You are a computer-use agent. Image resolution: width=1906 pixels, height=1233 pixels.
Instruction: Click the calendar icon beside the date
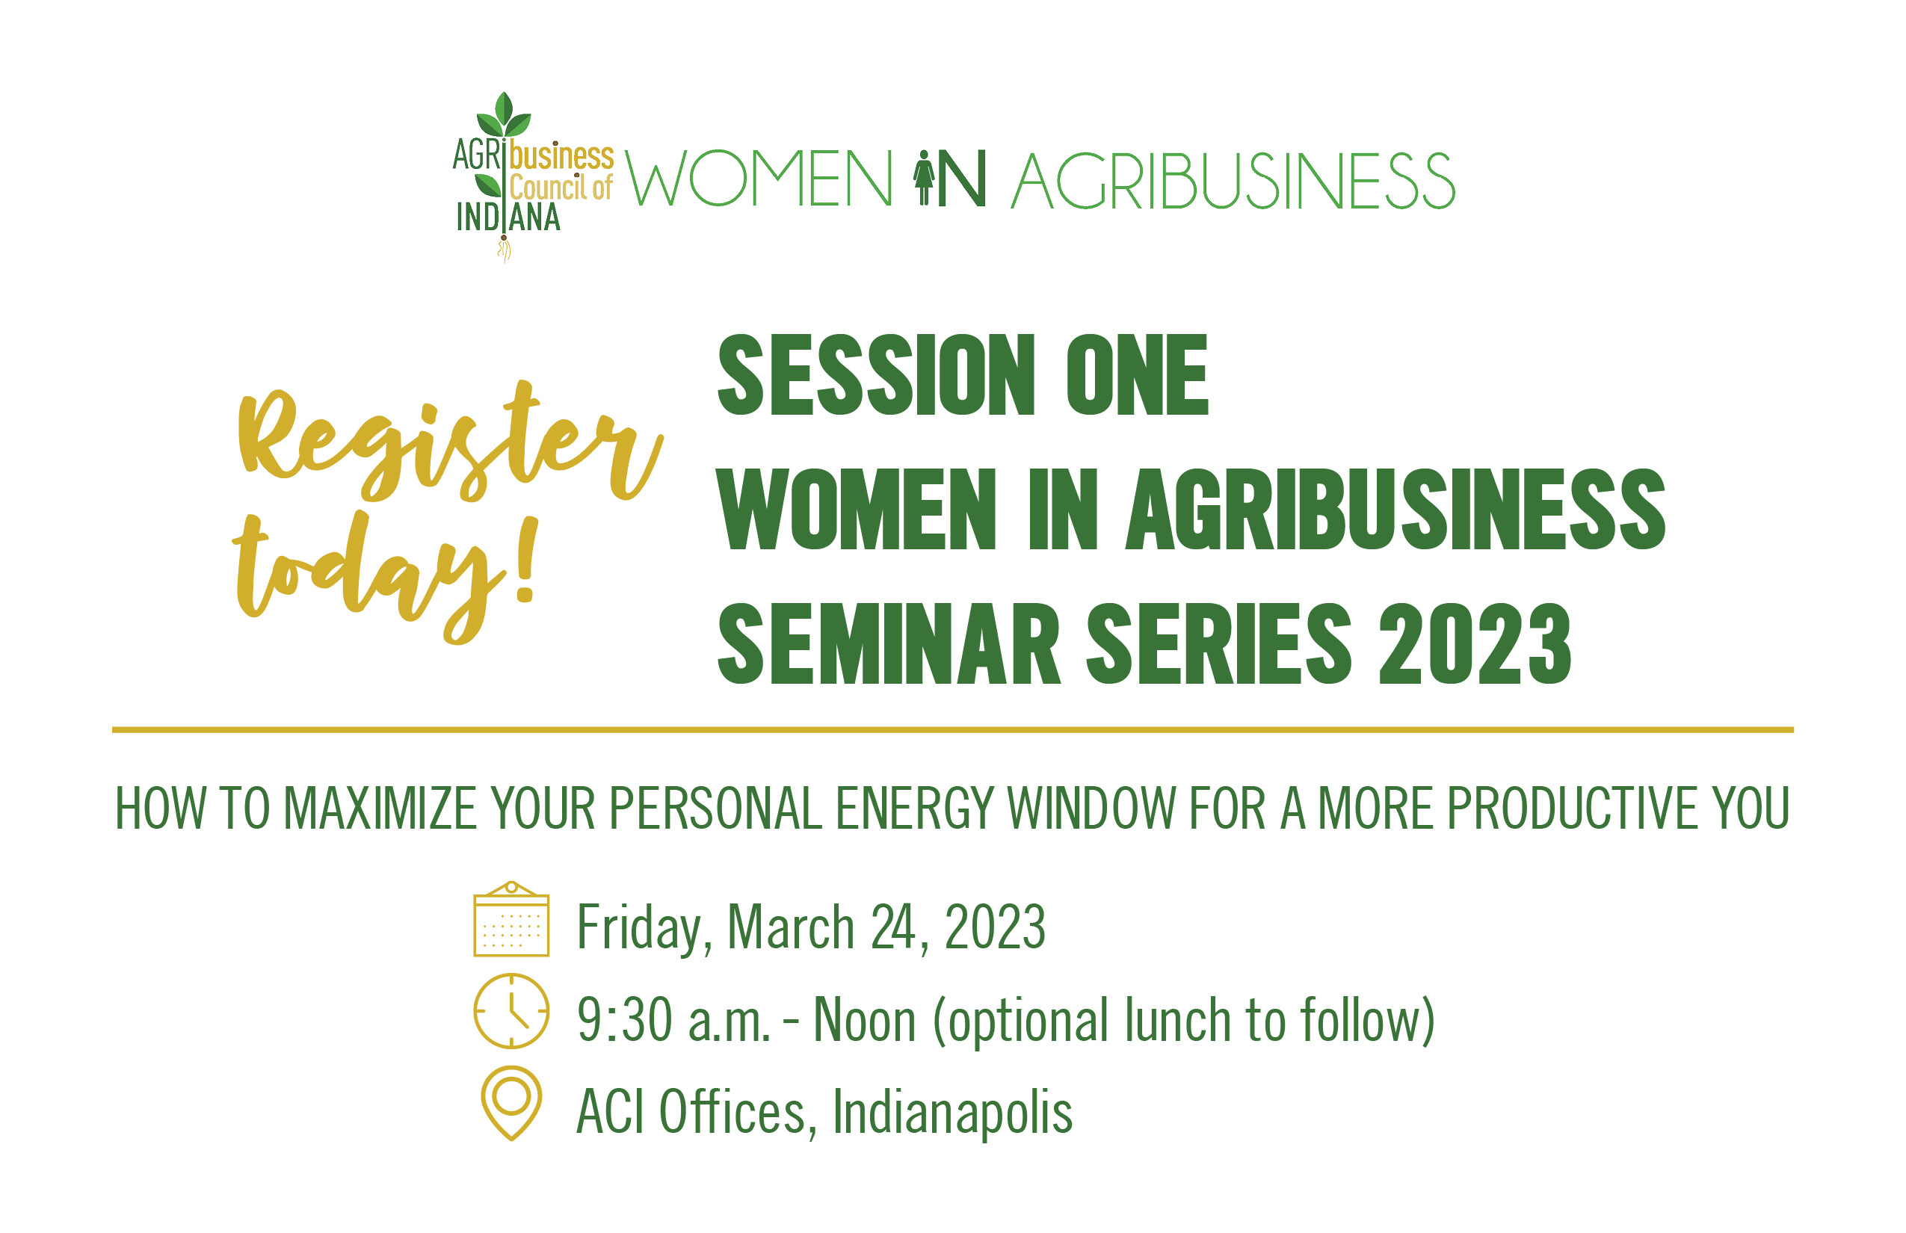511,919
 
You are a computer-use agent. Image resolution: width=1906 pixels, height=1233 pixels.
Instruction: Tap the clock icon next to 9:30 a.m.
511,1011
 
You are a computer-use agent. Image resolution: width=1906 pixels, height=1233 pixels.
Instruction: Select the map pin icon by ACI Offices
511,1103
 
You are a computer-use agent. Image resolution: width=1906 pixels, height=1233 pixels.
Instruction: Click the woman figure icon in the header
924,179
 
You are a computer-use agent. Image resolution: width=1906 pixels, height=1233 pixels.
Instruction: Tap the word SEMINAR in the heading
889,643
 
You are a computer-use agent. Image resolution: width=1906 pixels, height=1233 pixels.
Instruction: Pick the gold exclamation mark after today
526,560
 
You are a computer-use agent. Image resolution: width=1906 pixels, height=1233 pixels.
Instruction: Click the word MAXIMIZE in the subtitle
380,809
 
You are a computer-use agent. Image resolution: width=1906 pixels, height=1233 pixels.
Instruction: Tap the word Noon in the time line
864,1020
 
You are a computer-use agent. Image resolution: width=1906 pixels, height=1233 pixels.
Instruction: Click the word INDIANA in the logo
508,217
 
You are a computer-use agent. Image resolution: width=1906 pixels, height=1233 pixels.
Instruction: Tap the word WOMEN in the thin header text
759,179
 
